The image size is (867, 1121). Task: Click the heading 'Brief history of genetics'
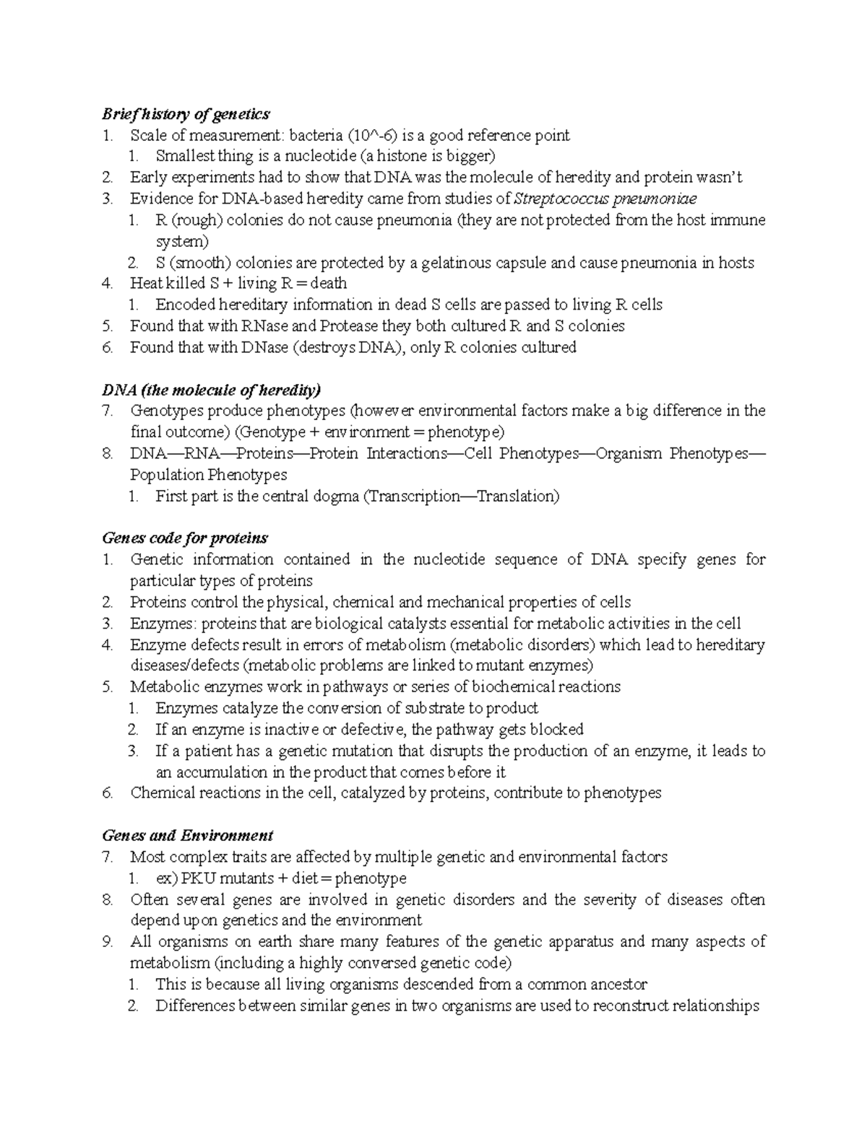[186, 114]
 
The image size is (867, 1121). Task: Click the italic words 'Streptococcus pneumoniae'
[605, 199]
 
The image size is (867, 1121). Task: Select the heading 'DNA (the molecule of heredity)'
[211, 391]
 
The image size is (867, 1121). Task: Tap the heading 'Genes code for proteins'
[185, 538]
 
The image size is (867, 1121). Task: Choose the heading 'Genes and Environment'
[187, 836]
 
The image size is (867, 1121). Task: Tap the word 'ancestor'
[618, 985]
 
